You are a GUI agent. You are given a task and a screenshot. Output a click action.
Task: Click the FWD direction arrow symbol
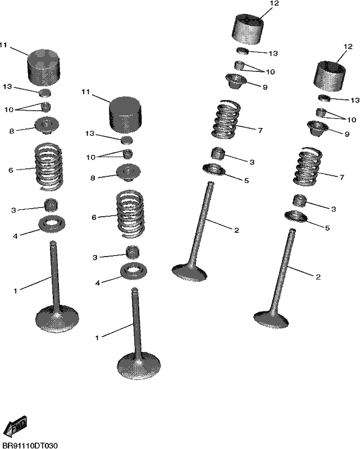pos(16,426)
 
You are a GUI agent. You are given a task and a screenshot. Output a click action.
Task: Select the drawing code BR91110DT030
pos(30,445)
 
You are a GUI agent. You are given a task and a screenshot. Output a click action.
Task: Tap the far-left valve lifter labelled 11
pos(44,67)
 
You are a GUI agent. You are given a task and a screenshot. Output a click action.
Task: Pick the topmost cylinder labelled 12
pos(247,29)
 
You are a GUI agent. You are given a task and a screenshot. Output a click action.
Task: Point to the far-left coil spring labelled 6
pos(48,167)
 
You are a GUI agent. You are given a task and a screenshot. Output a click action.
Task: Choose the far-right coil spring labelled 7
pos(307,166)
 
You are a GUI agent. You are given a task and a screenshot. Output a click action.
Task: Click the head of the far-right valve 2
pos(271,319)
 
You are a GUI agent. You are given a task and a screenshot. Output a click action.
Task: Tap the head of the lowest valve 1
pos(139,366)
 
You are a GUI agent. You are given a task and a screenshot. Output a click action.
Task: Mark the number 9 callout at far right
pos(347,134)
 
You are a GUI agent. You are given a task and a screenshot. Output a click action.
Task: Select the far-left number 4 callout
pos(16,236)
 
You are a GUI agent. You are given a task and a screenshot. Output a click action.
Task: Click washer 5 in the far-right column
pos(295,216)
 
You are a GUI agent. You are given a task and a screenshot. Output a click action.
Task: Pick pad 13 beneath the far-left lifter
pos(45,93)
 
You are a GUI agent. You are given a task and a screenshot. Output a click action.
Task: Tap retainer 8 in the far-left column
pos(47,126)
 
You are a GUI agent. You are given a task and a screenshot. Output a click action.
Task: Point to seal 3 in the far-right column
pos(299,200)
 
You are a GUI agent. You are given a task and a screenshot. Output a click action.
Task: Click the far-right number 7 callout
pos(341,177)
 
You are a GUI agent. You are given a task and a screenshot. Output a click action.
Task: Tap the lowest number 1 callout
pos(97,338)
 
